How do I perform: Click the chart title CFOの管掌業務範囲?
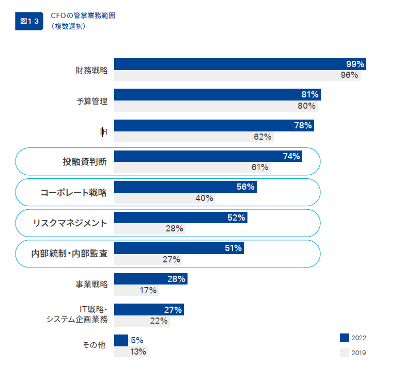83,15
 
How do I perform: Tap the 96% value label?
349,75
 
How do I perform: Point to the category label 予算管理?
92,101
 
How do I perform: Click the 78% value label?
303,125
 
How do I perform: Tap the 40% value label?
205,198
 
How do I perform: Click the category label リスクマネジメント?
70,223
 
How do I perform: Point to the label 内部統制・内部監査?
70,254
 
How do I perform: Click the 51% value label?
234,248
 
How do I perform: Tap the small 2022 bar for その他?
121,340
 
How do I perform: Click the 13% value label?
138,352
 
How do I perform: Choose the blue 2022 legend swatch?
345,338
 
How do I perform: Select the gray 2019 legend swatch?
345,353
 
